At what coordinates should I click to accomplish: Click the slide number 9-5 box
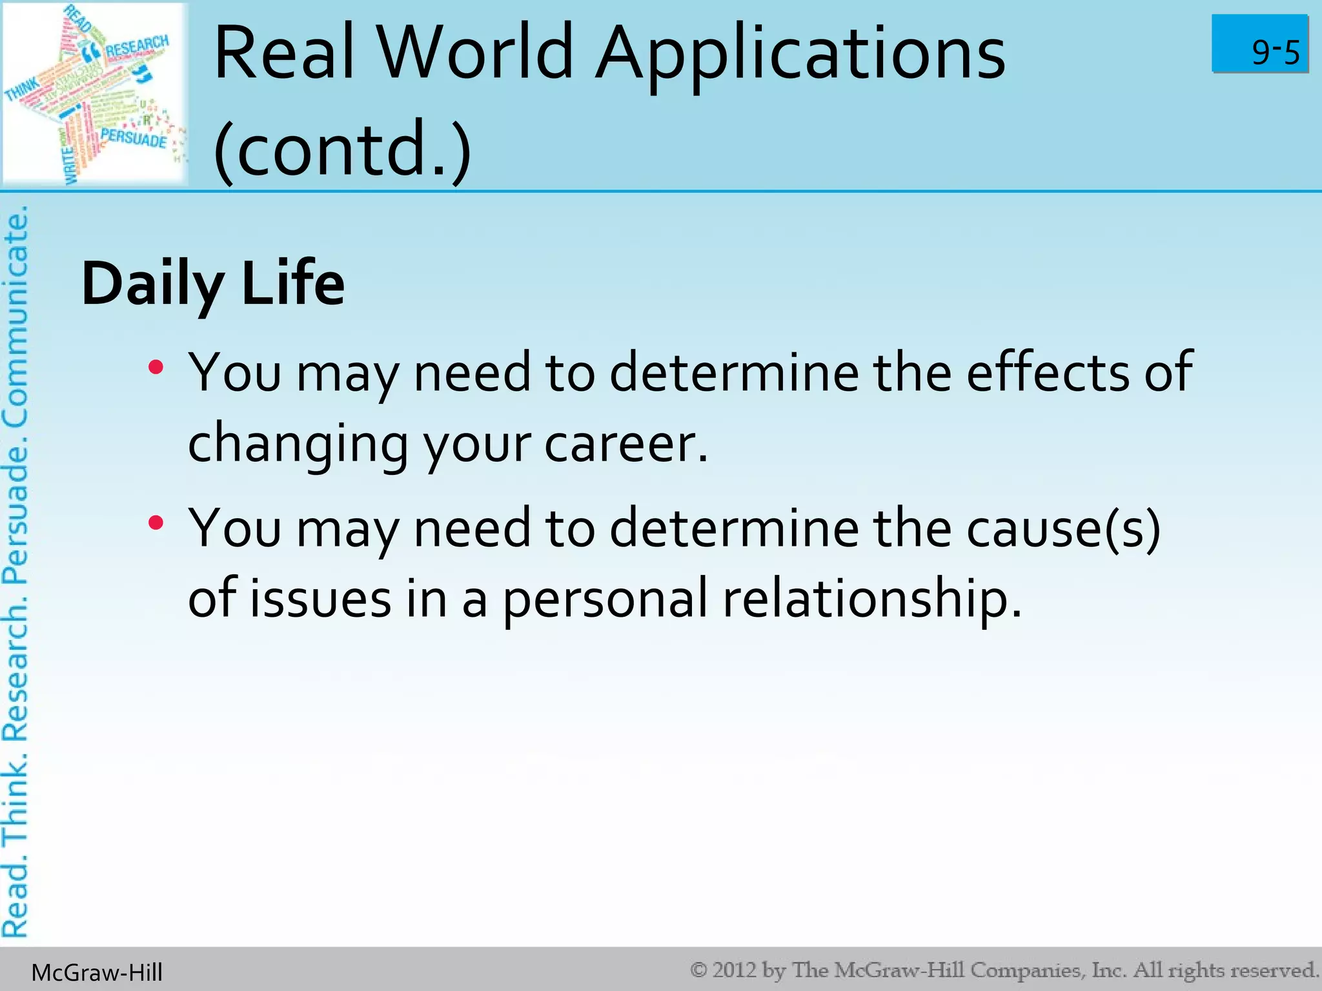1259,44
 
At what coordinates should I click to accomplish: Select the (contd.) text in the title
342,150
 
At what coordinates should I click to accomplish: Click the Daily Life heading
213,284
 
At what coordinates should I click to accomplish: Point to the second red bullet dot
156,523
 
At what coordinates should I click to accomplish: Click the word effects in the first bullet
1047,372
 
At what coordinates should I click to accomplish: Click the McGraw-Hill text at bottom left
97,972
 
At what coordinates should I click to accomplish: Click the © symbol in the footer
699,970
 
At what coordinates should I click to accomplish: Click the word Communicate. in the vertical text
15,316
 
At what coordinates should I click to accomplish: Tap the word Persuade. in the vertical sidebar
15,510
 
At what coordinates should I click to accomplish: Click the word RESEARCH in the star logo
136,46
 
